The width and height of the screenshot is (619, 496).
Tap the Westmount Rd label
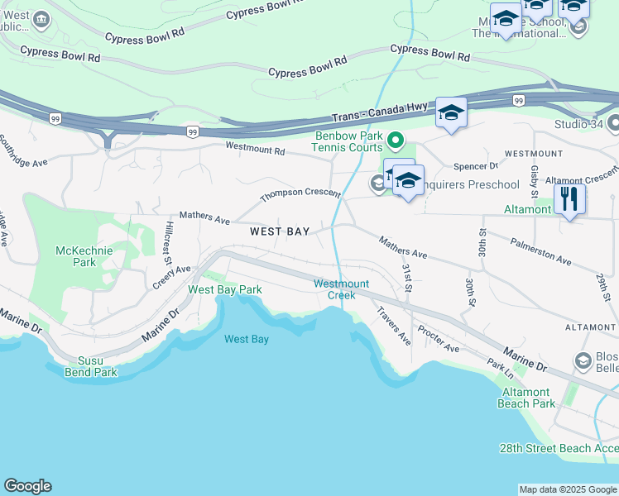coord(256,150)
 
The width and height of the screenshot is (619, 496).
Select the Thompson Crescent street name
coord(300,196)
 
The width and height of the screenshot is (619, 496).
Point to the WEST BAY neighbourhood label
coord(281,232)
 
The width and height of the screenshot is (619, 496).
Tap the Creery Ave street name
coord(171,277)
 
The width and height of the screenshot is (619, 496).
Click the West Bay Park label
coord(225,289)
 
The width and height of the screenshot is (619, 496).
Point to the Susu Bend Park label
coord(92,366)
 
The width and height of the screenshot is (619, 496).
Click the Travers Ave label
coord(393,326)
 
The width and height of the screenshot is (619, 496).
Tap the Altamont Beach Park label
coord(525,398)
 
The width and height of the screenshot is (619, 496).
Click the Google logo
coord(27,486)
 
